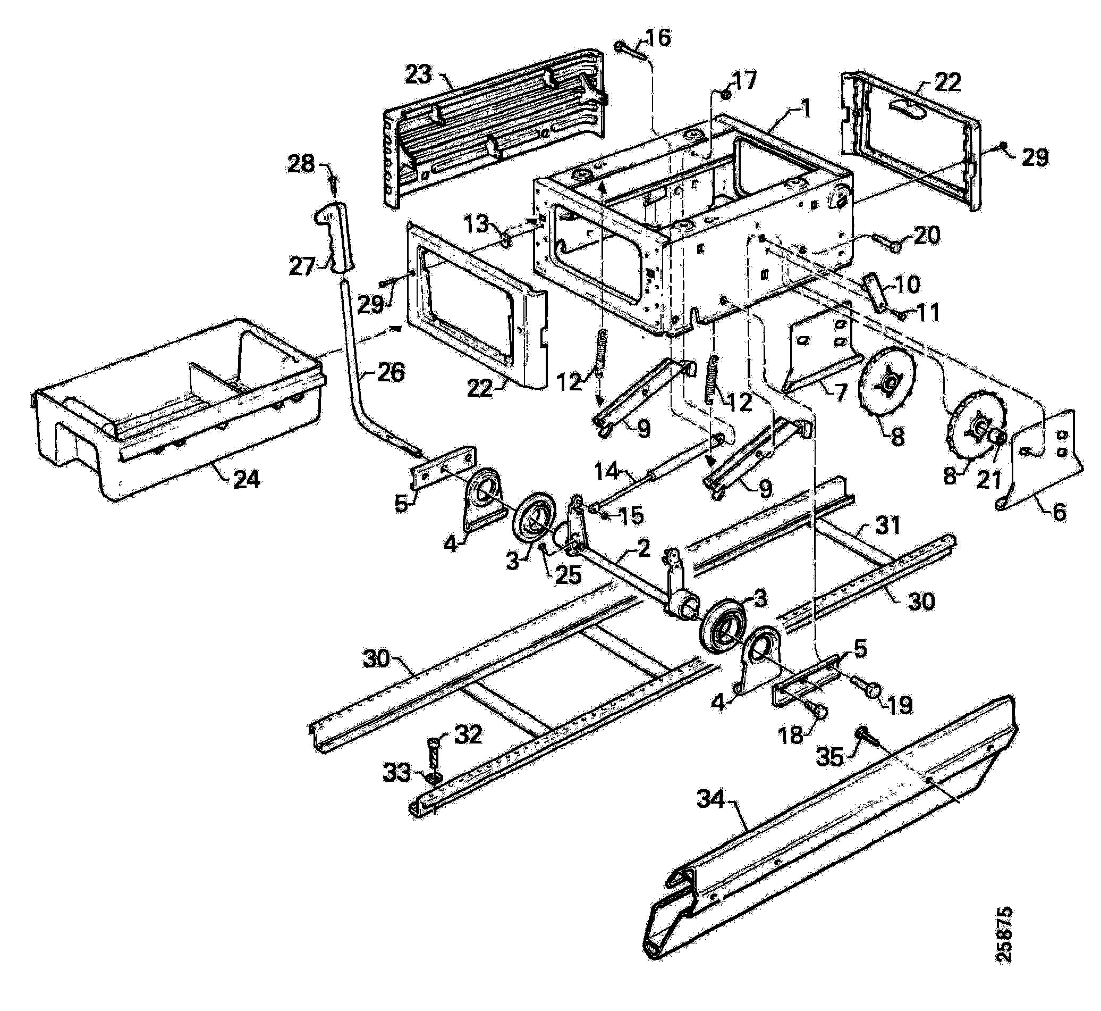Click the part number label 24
pyautogui.click(x=246, y=480)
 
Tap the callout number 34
pyautogui.click(x=710, y=800)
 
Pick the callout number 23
pyautogui.click(x=419, y=75)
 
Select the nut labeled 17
pyautogui.click(x=726, y=95)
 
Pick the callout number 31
pyautogui.click(x=888, y=527)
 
